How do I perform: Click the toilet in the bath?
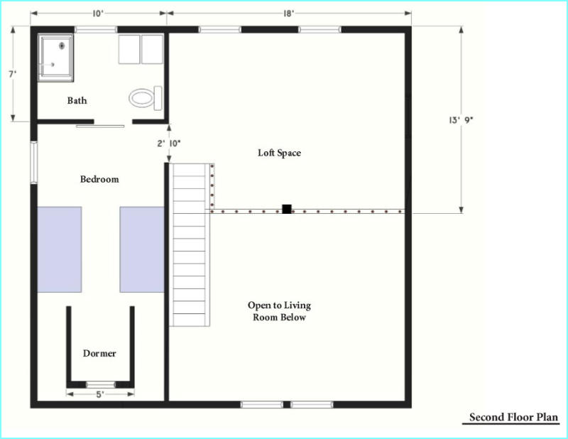(146, 98)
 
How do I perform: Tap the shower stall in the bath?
(56, 58)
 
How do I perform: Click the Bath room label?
(77, 100)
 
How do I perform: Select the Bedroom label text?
(99, 179)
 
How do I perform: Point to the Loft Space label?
(279, 153)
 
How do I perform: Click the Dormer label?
(99, 354)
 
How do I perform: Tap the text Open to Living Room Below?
(279, 311)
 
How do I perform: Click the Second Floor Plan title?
(513, 417)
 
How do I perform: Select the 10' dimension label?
(98, 13)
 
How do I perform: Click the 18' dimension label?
(289, 13)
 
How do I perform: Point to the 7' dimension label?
(13, 75)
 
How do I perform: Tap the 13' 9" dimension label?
(461, 120)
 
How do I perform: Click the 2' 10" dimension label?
(169, 143)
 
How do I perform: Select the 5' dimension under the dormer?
(100, 394)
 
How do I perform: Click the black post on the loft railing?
(287, 209)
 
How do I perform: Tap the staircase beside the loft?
(190, 244)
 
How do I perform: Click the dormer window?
(101, 384)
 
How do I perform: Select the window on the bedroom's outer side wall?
(33, 163)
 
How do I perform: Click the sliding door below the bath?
(100, 126)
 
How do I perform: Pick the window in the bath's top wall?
(96, 30)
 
